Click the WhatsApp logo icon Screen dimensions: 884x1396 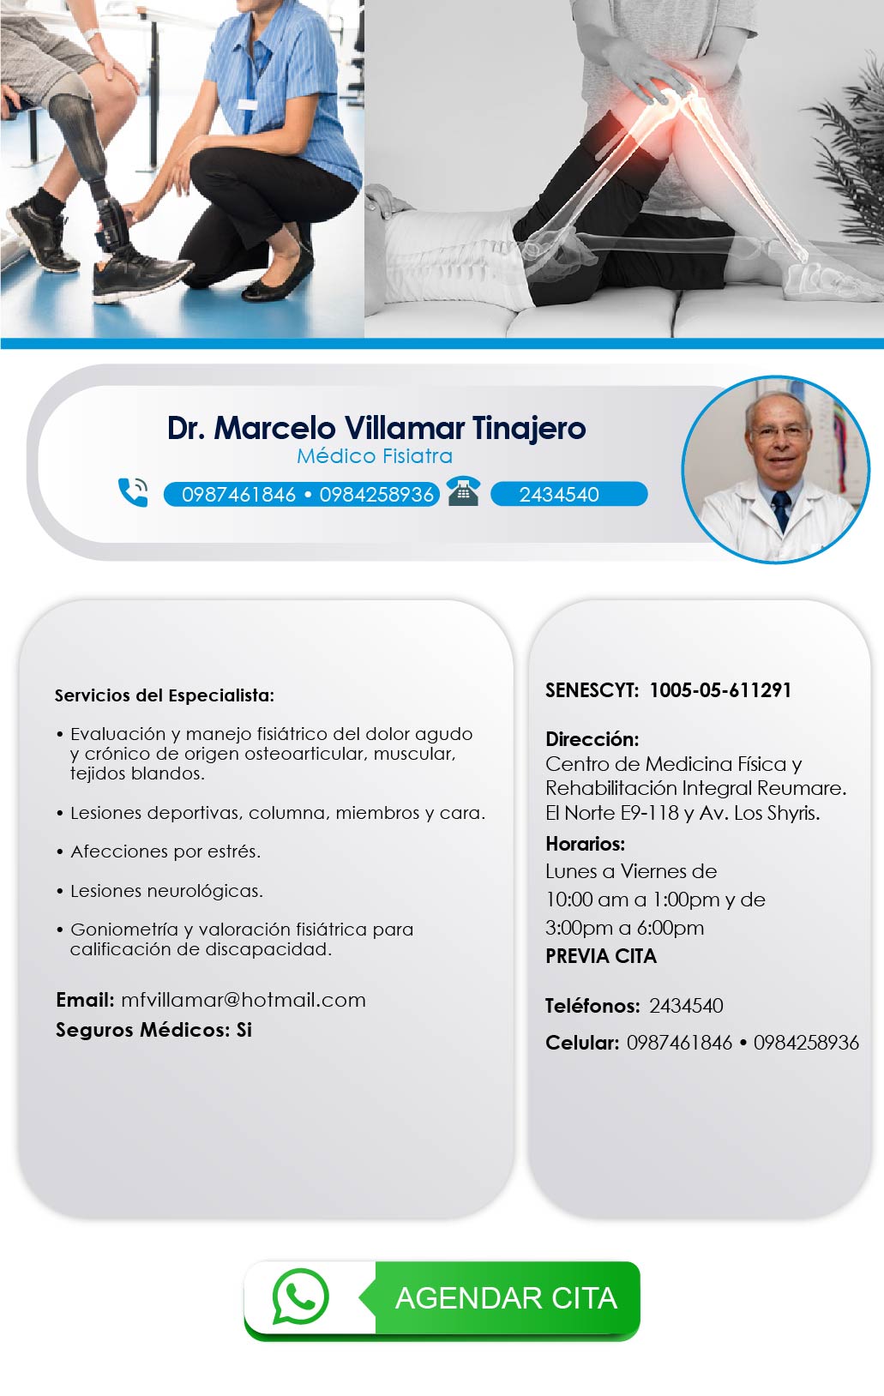pos(300,1297)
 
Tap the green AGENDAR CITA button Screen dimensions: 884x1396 pos(442,1300)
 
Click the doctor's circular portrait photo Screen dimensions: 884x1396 pos(776,469)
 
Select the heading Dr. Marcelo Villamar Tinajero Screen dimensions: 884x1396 pos(376,428)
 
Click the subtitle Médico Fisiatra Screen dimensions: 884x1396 pos(375,456)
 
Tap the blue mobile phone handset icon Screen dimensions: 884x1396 pos(133,492)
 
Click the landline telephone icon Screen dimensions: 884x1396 pos(464,491)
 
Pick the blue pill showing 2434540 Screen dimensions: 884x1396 pos(568,494)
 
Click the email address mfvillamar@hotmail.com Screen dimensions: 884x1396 pos(243,1000)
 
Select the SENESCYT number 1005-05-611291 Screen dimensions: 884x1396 pos(720,690)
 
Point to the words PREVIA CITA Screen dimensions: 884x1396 pos(600,956)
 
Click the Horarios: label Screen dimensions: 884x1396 pos(585,844)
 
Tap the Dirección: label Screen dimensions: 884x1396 pos(592,739)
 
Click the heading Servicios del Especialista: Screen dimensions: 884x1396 pos(165,695)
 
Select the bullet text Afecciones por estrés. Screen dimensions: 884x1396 pos(165,851)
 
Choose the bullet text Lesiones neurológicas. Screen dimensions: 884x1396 pos(166,891)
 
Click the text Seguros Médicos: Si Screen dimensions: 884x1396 pos(153,1030)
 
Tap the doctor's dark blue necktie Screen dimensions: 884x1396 pos(780,510)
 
